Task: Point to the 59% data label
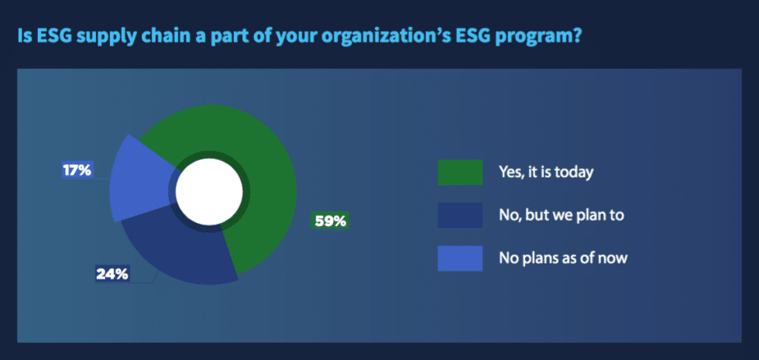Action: point(330,221)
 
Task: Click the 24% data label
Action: point(112,273)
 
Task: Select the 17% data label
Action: point(77,170)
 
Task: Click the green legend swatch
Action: point(460,173)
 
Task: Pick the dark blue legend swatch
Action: point(460,215)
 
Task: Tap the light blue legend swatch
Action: point(460,258)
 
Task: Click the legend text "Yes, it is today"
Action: point(546,173)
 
